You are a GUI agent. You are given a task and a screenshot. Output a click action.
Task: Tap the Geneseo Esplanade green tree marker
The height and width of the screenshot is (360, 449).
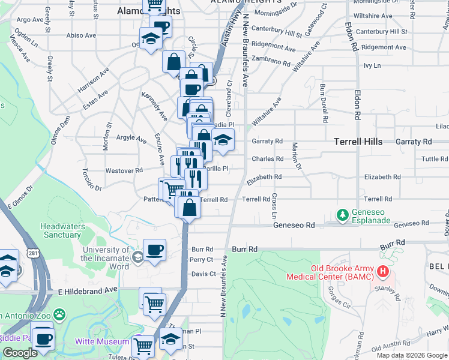343,214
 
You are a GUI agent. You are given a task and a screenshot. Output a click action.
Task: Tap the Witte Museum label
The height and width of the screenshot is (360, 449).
102,341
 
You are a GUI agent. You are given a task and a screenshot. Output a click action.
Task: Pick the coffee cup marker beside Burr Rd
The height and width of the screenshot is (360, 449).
154,250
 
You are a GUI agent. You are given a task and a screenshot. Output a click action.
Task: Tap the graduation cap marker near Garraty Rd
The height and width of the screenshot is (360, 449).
223,140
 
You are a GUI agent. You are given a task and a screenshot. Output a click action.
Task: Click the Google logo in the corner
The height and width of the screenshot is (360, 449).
20,353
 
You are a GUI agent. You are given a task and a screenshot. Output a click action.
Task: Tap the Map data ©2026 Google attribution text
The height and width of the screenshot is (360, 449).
412,355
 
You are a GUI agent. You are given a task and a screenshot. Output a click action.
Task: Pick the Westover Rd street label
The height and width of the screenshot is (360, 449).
124,170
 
